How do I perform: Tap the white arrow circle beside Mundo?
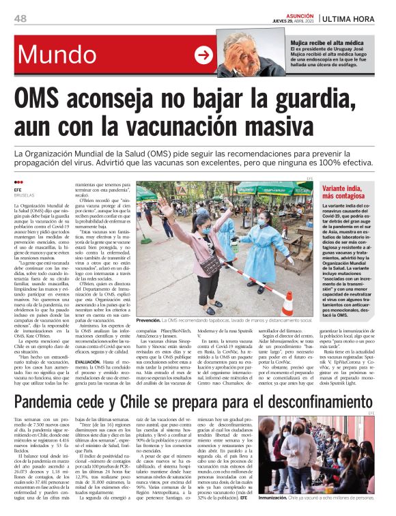point(203,55)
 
